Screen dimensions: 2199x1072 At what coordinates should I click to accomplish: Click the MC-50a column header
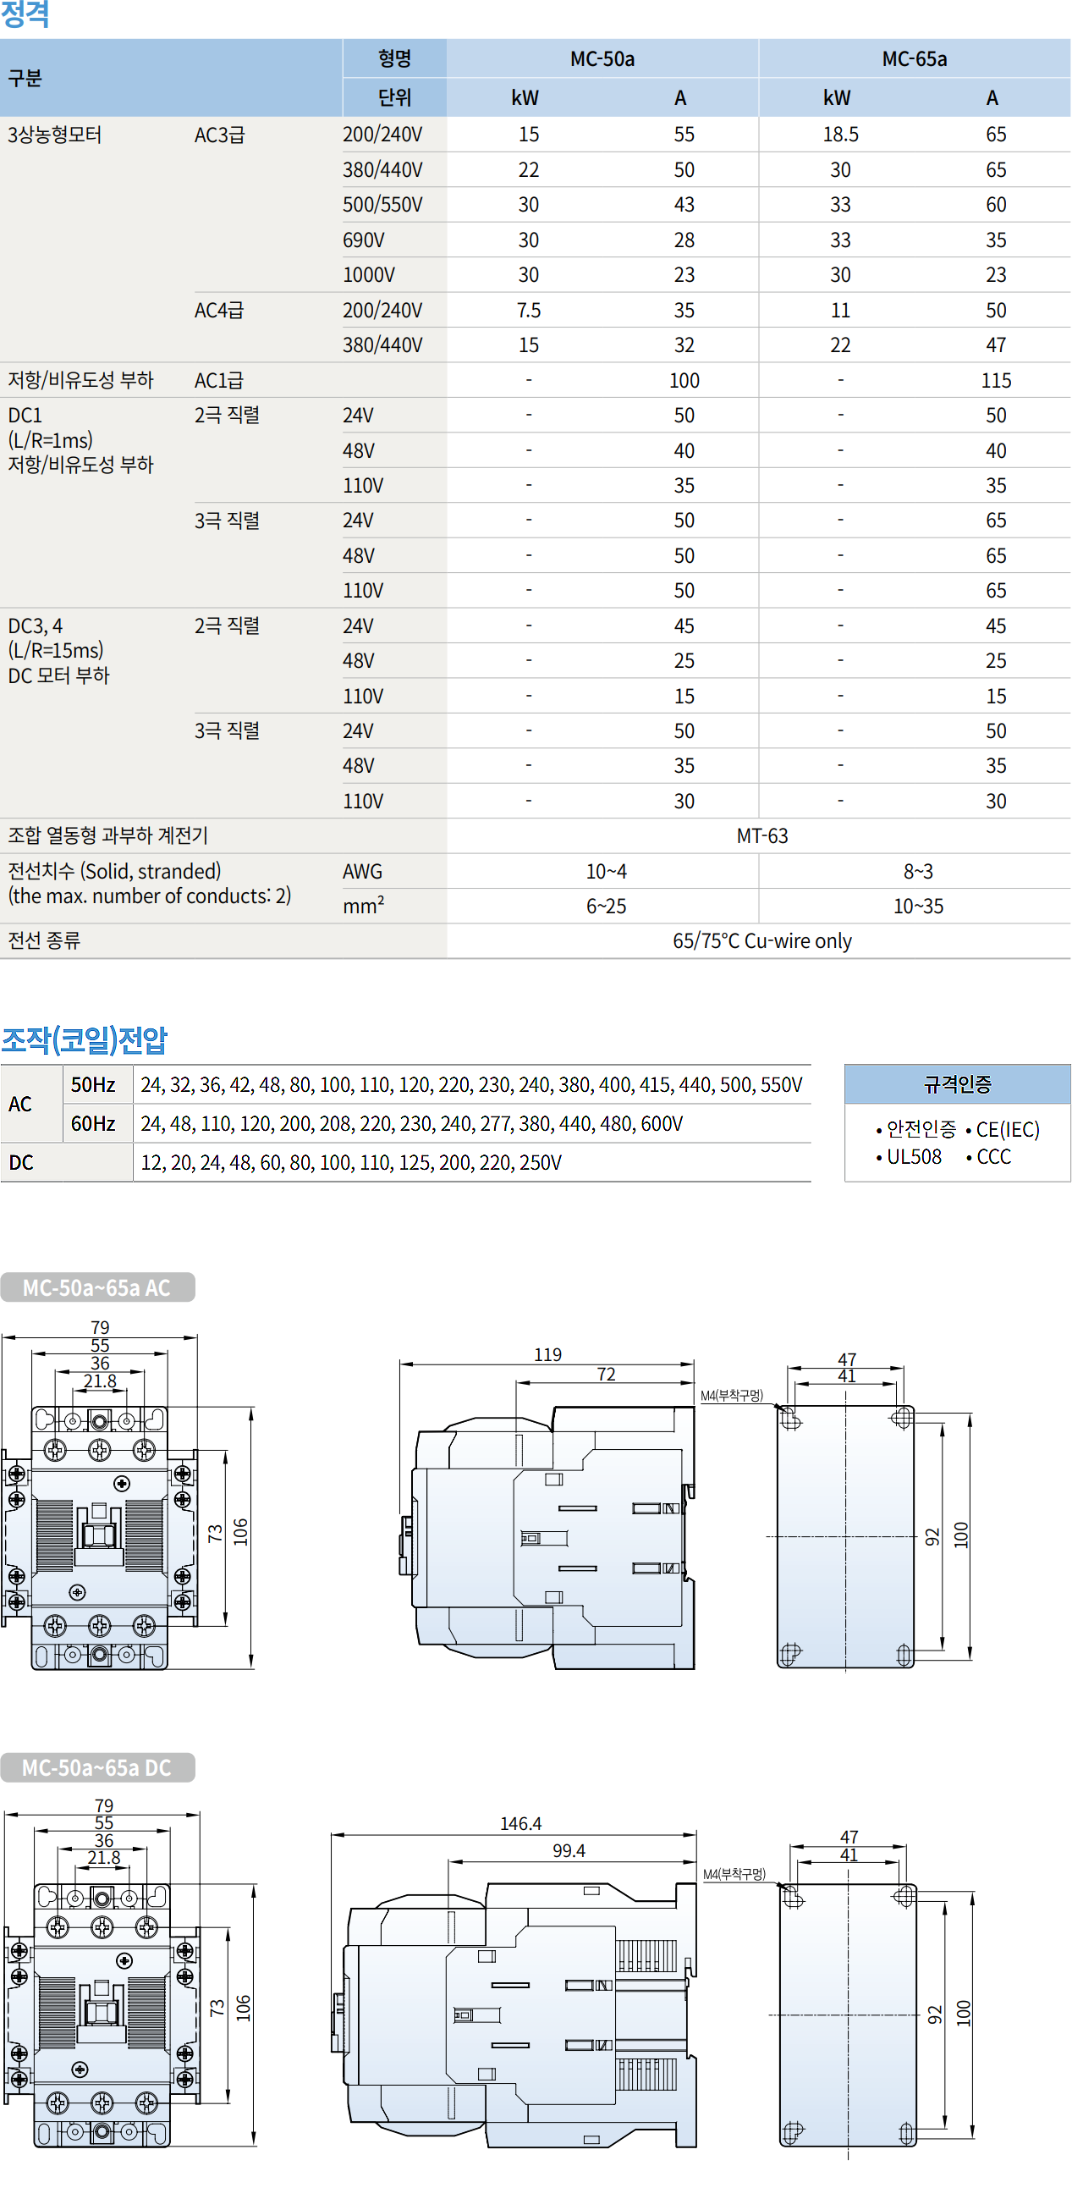(602, 59)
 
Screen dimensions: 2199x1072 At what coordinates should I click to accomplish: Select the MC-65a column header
(914, 59)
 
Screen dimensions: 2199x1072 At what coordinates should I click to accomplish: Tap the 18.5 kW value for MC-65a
(840, 135)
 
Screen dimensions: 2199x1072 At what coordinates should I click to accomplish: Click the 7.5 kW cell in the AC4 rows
(528, 311)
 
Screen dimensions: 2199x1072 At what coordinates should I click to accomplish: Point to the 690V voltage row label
(364, 240)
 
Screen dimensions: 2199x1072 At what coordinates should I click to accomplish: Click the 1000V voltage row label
(369, 276)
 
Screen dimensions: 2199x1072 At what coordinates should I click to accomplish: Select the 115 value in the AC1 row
(995, 381)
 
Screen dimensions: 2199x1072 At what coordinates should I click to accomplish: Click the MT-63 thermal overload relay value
(761, 836)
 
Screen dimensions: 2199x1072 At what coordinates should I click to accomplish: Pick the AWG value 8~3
(917, 872)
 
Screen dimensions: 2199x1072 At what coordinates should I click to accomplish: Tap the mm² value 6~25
(606, 907)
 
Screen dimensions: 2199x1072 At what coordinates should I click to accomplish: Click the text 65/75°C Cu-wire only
(761, 941)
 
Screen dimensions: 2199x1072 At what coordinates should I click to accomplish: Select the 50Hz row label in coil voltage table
(93, 1085)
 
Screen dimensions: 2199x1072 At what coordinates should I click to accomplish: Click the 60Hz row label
(93, 1124)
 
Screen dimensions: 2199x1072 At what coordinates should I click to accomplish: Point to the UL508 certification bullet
(912, 1158)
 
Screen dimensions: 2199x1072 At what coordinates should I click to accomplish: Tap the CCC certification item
(992, 1158)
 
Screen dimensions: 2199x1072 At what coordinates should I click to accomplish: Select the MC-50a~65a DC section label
(97, 1768)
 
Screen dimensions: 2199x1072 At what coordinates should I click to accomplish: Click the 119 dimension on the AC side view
(548, 1356)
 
